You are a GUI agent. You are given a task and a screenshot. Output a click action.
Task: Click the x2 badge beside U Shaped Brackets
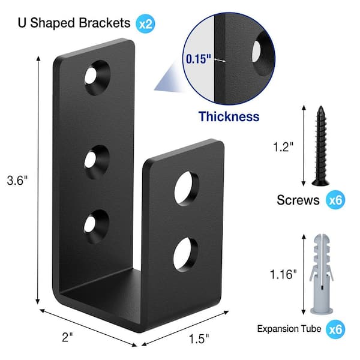(145, 23)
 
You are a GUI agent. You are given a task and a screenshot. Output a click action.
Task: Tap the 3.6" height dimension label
(17, 180)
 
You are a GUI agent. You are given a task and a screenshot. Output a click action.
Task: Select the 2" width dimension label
(67, 337)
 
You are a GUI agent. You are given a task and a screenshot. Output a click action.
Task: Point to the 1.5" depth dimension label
(199, 339)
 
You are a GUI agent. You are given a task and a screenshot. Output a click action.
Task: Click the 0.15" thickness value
(199, 59)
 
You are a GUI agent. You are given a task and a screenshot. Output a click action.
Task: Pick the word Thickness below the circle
(229, 116)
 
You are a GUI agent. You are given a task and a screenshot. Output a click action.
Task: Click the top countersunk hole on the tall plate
(97, 77)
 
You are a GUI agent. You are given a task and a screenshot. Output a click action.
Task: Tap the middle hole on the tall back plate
(97, 161)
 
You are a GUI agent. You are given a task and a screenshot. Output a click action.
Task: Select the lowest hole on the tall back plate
(96, 226)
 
